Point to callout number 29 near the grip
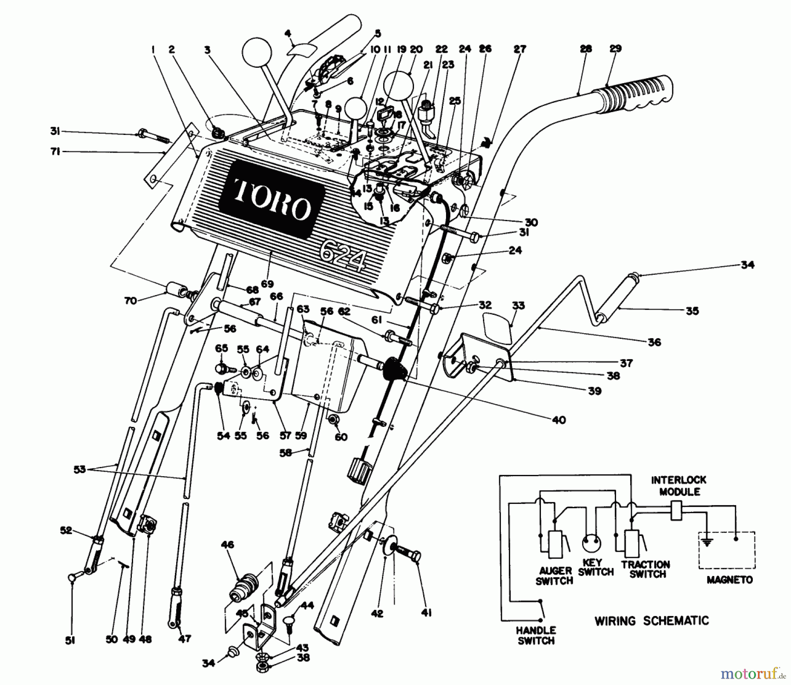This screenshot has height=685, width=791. click(x=615, y=49)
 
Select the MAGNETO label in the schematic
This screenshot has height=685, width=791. click(x=730, y=580)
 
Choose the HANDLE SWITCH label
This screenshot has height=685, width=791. click(x=536, y=635)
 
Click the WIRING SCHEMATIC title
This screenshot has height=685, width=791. click(x=652, y=621)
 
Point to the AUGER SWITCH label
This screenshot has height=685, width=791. click(x=555, y=576)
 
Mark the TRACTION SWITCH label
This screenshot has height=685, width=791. click(x=646, y=569)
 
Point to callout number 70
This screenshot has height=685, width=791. click(x=130, y=301)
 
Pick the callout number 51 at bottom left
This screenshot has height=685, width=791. click(x=70, y=641)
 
